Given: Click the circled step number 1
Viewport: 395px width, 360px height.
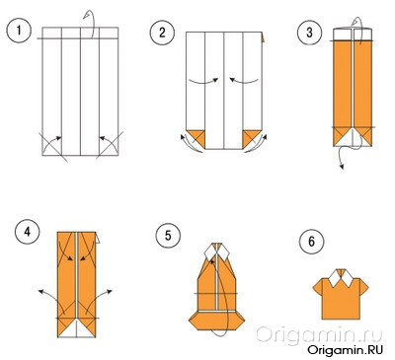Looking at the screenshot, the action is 19,31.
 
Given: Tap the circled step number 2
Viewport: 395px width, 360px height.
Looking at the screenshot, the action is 162,33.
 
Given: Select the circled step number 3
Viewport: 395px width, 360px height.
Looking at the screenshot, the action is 309,33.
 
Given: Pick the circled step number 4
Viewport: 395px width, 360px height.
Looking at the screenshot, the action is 28,232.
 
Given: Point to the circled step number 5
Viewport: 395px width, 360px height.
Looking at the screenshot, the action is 168,236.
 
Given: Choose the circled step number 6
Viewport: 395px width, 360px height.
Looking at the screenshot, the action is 311,242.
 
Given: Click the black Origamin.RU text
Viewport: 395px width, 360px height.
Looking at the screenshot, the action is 346,349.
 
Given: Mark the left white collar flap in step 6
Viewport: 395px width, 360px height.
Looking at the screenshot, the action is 335,278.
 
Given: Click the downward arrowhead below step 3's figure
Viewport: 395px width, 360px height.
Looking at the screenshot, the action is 342,167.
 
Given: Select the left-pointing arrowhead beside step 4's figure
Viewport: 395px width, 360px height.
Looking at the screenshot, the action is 40,291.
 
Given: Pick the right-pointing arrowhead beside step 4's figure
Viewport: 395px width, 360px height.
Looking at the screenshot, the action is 110,291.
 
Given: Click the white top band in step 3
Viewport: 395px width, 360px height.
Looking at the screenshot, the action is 353,35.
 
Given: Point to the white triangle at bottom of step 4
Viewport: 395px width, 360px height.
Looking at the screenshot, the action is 76,328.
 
